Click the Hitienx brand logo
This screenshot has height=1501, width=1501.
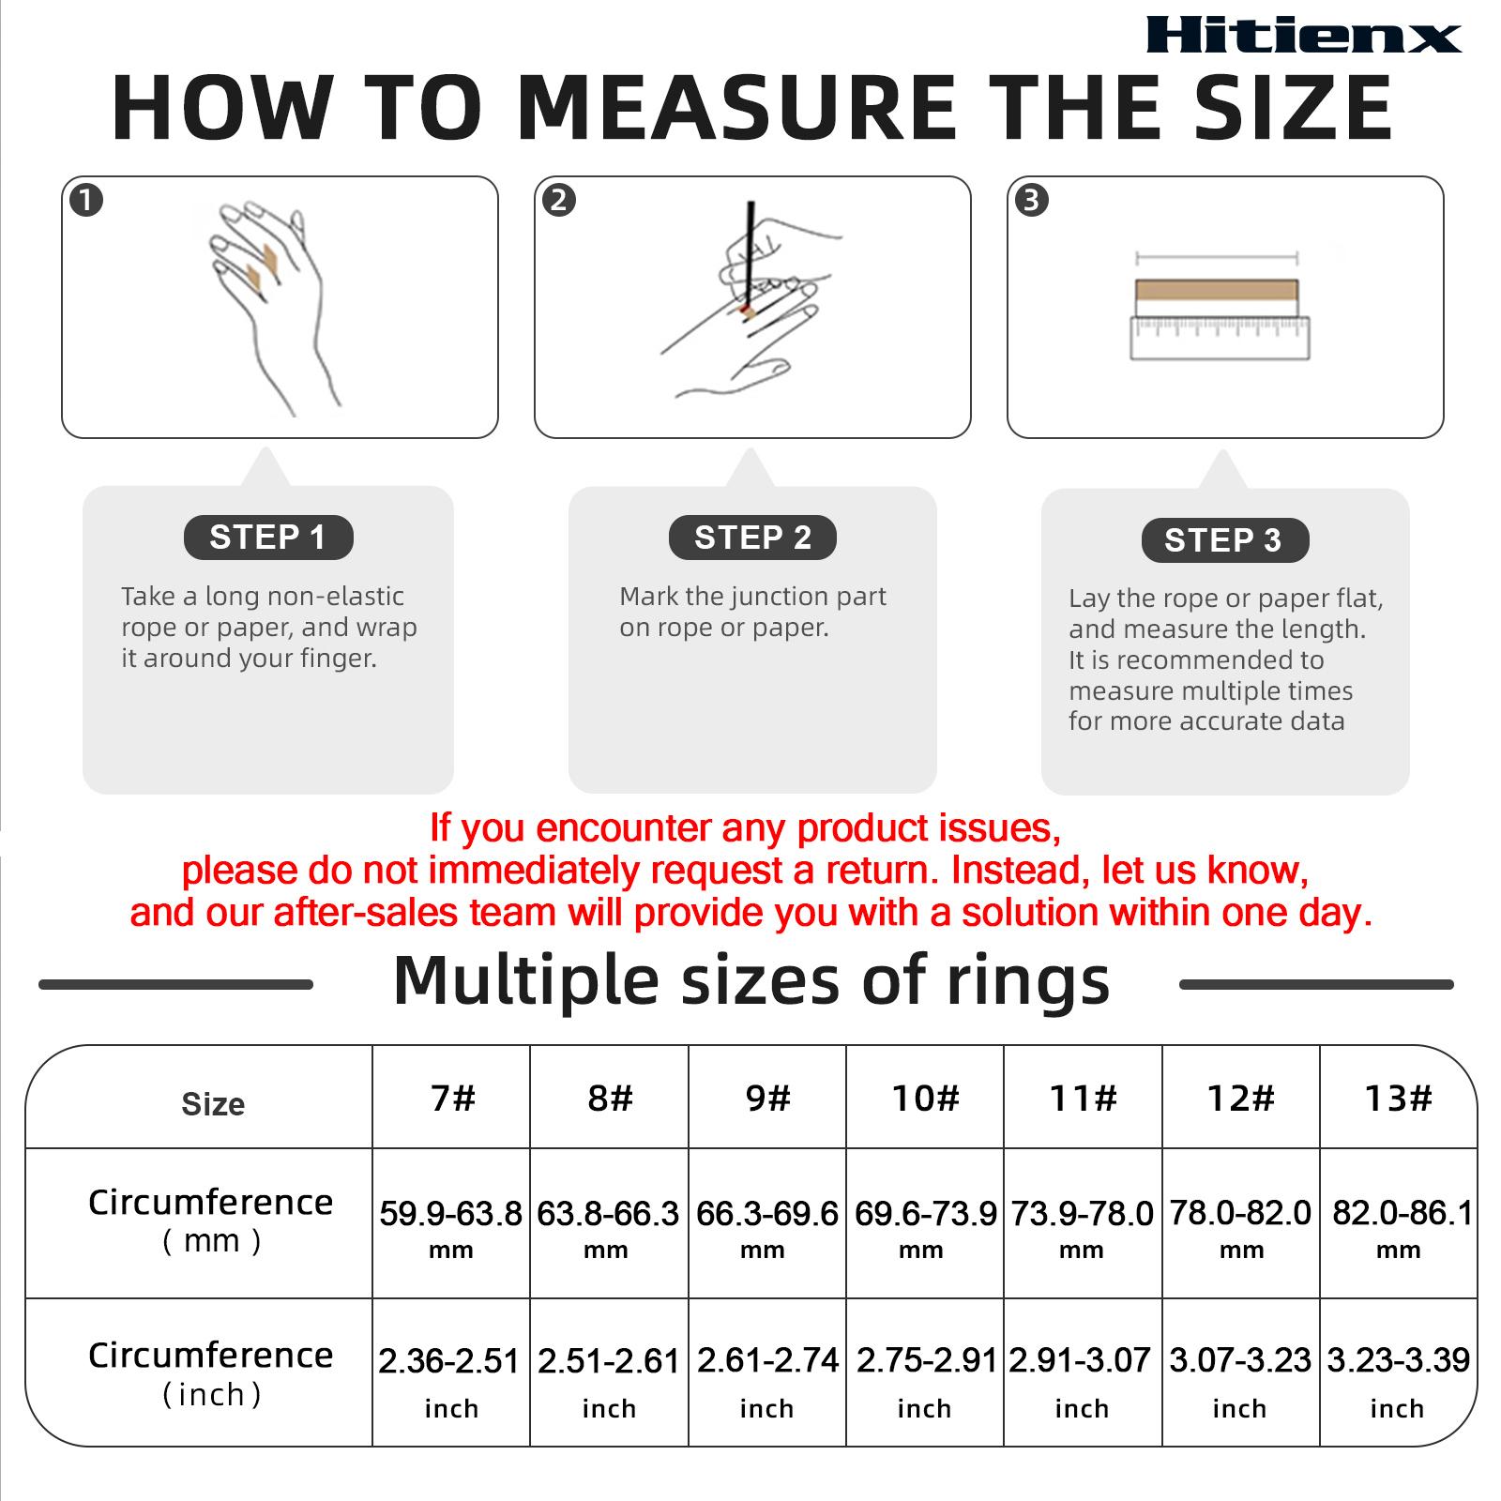(x=1303, y=36)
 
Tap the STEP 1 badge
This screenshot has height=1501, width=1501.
(x=267, y=538)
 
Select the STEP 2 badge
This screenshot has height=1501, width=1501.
(x=752, y=538)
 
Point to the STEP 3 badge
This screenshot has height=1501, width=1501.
(x=1223, y=540)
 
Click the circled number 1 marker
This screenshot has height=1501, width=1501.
(x=86, y=201)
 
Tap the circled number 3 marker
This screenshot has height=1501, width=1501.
(x=1032, y=201)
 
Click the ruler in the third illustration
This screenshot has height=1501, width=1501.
(x=1220, y=338)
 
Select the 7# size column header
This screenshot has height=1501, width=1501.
(x=452, y=1098)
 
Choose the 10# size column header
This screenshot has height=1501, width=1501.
(x=925, y=1098)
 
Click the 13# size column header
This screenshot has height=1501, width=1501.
(x=1398, y=1098)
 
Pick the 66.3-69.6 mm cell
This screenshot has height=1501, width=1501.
(x=766, y=1224)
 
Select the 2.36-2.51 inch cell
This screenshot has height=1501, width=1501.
(x=449, y=1374)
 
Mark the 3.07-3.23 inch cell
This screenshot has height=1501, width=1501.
(x=1239, y=1374)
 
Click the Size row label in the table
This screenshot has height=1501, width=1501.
(x=213, y=1104)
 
